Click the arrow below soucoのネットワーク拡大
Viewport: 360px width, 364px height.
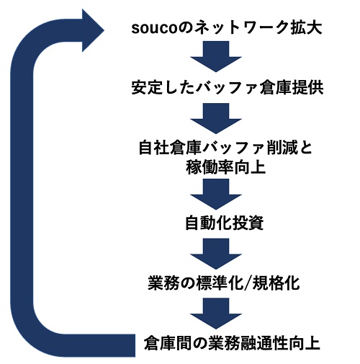[x=216, y=57]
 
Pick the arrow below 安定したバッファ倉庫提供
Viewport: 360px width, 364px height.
[x=216, y=118]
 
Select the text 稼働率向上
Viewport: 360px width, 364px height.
[x=225, y=167]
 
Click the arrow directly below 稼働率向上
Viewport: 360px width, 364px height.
[x=216, y=194]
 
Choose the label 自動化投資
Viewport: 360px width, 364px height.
[x=225, y=223]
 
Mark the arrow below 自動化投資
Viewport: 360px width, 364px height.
[x=216, y=254]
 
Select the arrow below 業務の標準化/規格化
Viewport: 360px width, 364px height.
[x=216, y=314]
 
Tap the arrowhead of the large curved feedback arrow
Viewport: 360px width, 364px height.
[x=92, y=30]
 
